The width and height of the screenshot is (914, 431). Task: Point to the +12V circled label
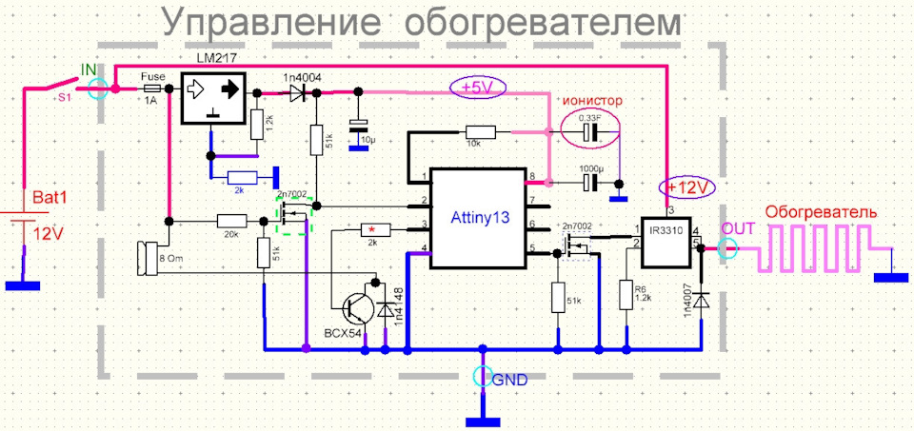(x=689, y=186)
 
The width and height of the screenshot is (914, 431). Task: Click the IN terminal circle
(x=96, y=88)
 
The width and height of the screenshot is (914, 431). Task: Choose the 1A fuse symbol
(x=149, y=88)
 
